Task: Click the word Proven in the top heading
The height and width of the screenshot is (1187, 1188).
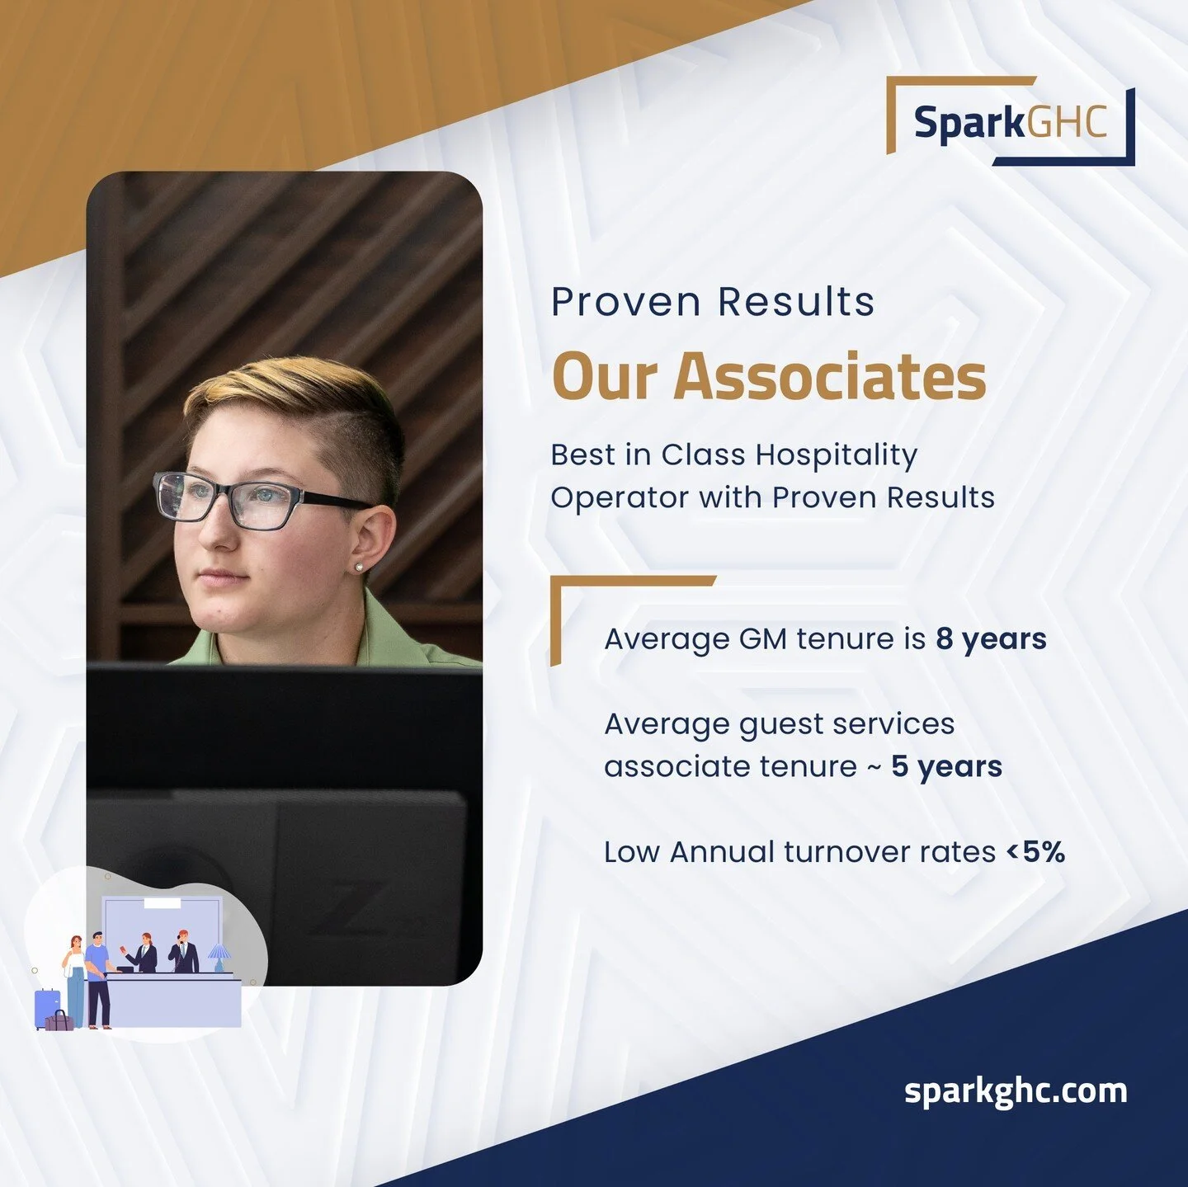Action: [x=625, y=302]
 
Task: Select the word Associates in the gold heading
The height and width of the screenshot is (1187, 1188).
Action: [x=830, y=376]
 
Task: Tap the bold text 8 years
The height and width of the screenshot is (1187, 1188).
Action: [x=991, y=639]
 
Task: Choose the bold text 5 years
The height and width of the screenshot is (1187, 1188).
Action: [x=946, y=767]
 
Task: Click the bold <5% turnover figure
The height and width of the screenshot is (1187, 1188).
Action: [x=1036, y=852]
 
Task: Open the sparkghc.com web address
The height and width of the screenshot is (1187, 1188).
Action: [x=1016, y=1090]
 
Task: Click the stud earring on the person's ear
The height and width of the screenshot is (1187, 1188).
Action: [x=360, y=567]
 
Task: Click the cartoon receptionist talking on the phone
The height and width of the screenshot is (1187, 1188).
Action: [x=183, y=954]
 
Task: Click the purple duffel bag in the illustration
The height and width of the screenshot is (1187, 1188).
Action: [x=59, y=1021]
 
